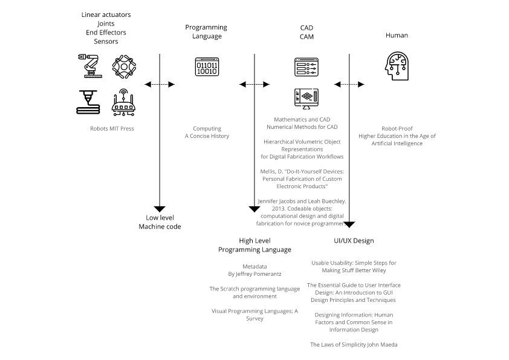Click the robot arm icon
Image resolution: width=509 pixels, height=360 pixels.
89,66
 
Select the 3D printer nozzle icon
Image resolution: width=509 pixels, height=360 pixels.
89,102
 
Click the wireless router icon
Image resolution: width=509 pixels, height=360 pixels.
123,102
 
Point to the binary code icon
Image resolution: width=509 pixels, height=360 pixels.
206,67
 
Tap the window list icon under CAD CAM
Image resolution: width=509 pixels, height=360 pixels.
306,67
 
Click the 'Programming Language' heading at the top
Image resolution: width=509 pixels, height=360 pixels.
206,31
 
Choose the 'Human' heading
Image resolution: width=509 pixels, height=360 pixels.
397,35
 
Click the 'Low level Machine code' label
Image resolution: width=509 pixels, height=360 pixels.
160,222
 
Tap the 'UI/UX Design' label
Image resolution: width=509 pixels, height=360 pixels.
354,240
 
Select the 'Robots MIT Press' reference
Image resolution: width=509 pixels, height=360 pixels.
112,128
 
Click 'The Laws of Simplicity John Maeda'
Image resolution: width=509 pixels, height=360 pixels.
354,344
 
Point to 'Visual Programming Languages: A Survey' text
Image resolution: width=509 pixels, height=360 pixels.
254,315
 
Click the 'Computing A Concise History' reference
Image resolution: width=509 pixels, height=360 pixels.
207,133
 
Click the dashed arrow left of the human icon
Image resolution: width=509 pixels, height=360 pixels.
349,84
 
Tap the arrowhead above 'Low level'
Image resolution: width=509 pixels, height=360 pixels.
160,208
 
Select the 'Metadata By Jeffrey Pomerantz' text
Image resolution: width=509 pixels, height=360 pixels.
254,270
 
